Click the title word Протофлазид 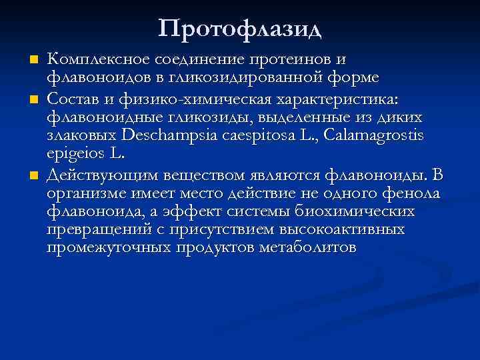240,28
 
